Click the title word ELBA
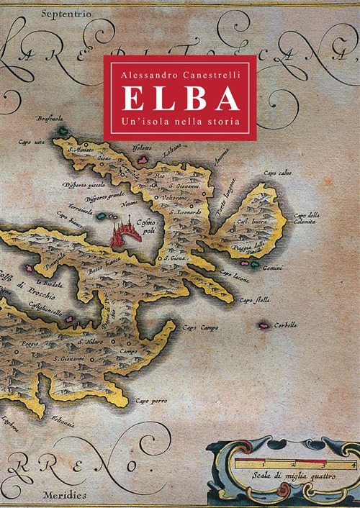click(179, 99)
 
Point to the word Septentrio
click(60, 14)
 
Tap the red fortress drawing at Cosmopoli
click(125, 234)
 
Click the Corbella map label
click(286, 325)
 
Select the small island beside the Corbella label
click(264, 325)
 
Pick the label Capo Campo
click(199, 328)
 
